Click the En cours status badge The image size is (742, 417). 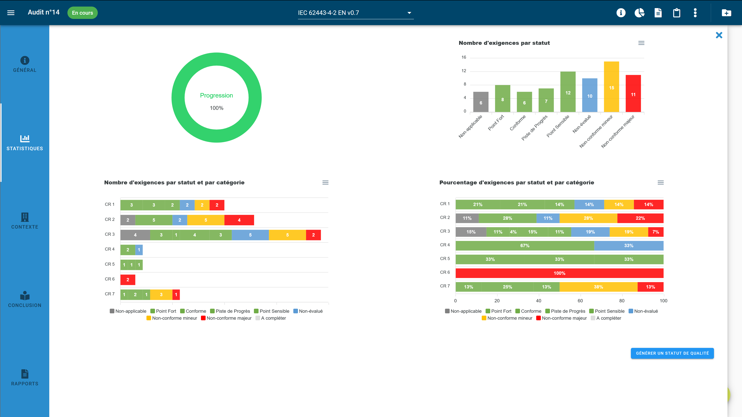pos(82,13)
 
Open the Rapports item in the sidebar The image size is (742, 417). pos(25,378)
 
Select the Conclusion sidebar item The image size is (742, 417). pos(25,299)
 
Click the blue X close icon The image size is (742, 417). pos(719,35)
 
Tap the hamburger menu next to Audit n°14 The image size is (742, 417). pos(11,13)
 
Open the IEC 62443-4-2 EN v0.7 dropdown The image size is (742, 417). pos(356,13)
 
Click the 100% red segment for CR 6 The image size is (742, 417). pos(559,273)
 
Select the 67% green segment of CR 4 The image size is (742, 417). pos(525,246)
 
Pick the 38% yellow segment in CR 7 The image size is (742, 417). pos(598,287)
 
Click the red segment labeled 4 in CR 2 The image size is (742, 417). pos(239,220)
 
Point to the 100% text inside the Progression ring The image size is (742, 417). pos(216,108)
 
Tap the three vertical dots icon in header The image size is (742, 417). pos(695,13)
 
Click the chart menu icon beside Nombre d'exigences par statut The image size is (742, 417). pos(641,43)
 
